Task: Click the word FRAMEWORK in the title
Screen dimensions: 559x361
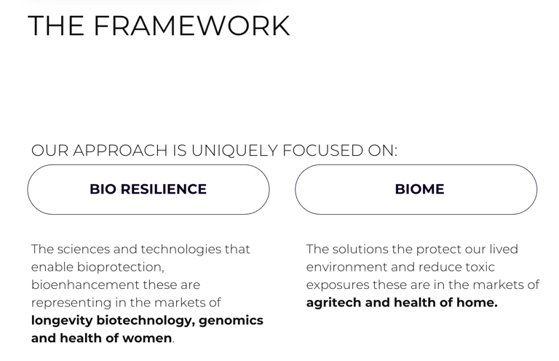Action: (192, 25)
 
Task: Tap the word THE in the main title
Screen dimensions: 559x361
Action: (55, 25)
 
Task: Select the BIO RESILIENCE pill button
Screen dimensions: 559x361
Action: (148, 189)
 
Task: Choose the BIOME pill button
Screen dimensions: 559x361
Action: (416, 189)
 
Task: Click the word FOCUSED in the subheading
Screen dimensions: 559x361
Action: (322, 151)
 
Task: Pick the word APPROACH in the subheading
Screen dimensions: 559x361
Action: (121, 151)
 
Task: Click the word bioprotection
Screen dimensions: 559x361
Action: (121, 267)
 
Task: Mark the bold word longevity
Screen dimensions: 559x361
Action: (62, 320)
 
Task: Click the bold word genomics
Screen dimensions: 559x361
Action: (231, 320)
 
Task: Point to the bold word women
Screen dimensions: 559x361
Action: (147, 338)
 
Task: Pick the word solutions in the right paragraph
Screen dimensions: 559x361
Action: (360, 249)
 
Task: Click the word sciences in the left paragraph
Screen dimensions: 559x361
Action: (84, 249)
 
